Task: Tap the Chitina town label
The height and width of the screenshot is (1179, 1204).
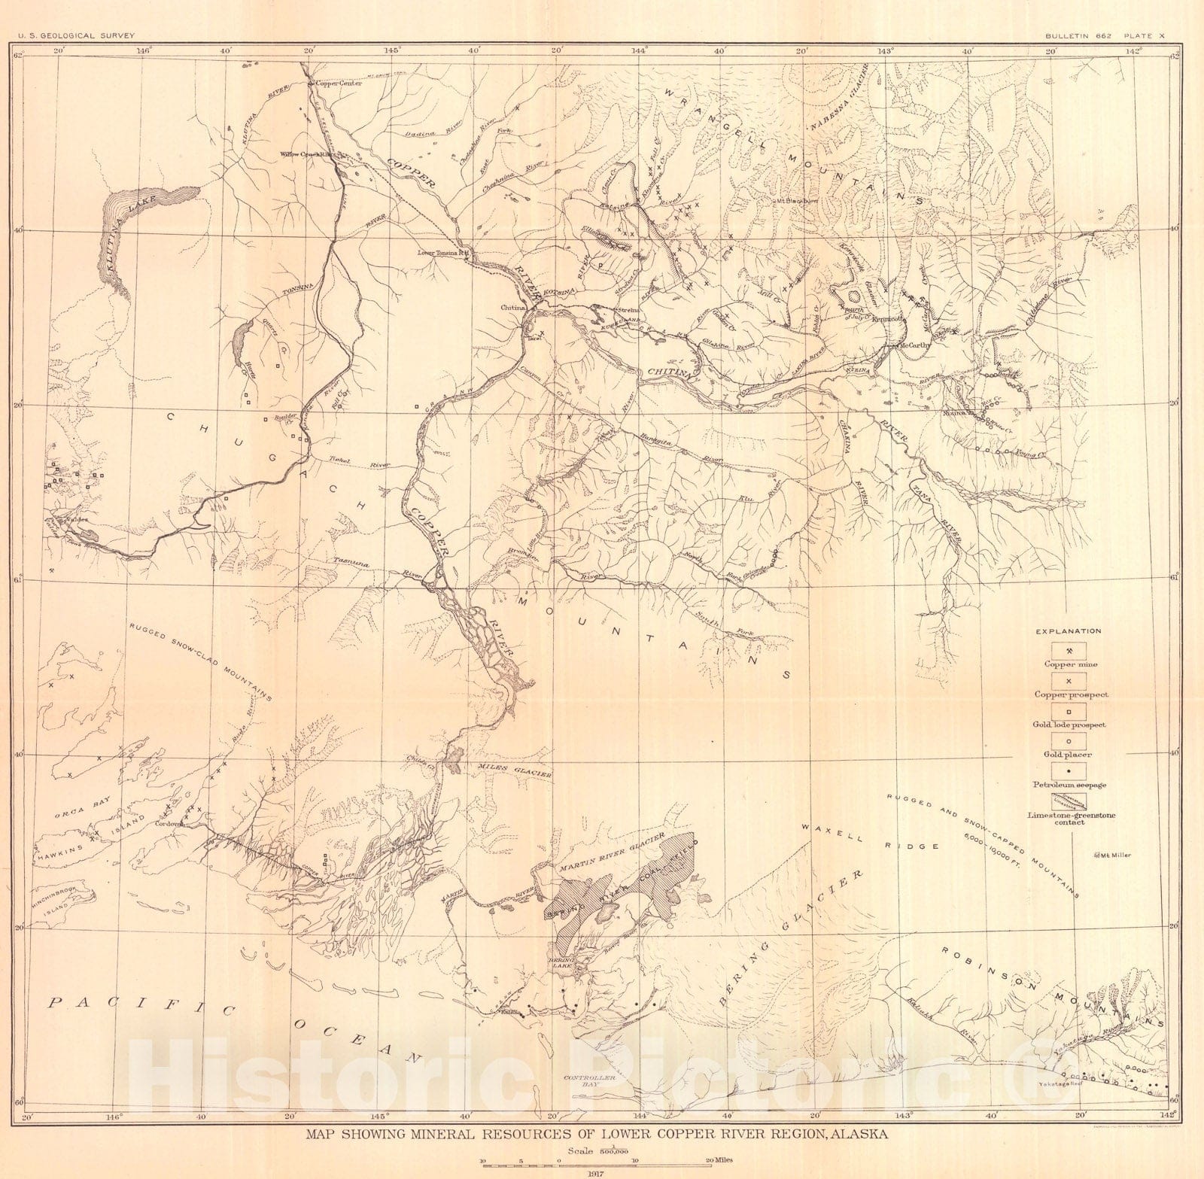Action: (x=513, y=308)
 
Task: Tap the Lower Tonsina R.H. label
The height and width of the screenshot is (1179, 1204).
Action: (x=443, y=253)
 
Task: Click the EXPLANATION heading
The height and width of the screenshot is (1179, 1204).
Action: (x=1069, y=631)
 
